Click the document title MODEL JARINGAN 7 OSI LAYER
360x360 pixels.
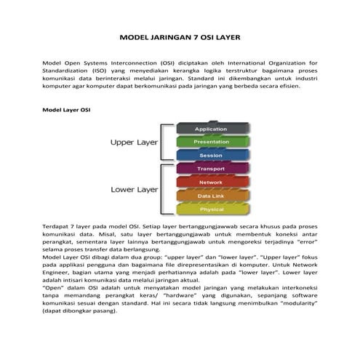[180, 36]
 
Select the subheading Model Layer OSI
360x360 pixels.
[66, 111]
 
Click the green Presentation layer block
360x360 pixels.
[211, 142]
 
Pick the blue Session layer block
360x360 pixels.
[211, 155]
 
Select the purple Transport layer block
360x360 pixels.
[211, 169]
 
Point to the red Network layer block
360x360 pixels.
[211, 182]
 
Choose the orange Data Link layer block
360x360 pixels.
[211, 196]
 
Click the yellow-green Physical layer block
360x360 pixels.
[211, 209]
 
